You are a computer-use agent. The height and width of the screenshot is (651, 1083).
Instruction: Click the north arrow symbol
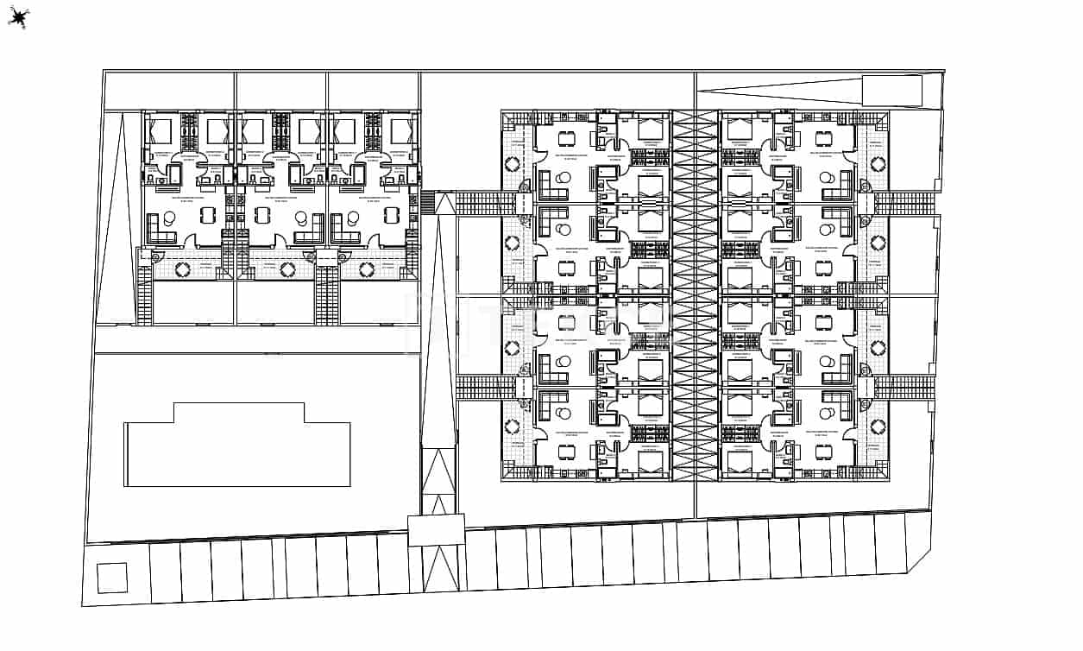[x=19, y=17]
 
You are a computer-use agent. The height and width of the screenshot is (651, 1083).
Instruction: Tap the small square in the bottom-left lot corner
[x=112, y=578]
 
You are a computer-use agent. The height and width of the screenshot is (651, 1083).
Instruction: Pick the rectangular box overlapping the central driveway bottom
[x=436, y=529]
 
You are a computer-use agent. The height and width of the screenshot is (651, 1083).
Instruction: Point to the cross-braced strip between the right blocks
[x=695, y=294]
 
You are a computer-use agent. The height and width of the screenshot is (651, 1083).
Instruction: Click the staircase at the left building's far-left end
[x=145, y=294]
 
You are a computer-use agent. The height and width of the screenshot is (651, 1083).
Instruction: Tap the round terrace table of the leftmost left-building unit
[x=183, y=269]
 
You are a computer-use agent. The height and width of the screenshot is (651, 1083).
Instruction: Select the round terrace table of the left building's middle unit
[x=275, y=269]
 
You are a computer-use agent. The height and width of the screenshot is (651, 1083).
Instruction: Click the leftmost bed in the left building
[x=161, y=131]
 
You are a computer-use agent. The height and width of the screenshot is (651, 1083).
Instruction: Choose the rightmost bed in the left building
[x=402, y=131]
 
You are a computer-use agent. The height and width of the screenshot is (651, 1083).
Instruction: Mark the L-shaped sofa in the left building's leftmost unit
[x=161, y=229]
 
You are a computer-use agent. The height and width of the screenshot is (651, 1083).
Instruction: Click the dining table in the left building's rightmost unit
[x=393, y=215]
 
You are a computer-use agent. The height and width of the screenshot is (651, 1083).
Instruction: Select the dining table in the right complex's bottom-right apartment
[x=823, y=451]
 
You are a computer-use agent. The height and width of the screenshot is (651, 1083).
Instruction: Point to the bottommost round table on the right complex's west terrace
[x=513, y=427]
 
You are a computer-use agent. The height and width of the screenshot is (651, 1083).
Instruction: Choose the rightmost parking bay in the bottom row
[x=891, y=544]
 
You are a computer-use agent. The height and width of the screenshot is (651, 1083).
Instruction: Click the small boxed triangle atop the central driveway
[x=444, y=204]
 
